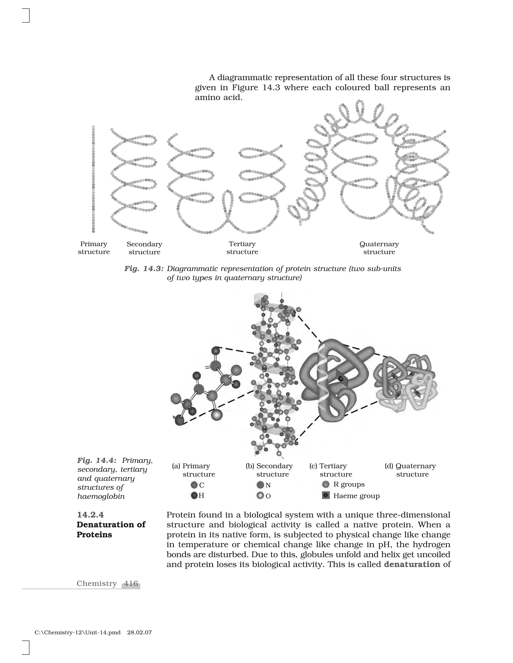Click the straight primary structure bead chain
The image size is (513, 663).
click(x=93, y=179)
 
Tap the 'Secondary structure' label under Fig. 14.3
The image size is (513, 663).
click(x=144, y=248)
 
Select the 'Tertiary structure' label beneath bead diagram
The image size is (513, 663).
click(x=242, y=248)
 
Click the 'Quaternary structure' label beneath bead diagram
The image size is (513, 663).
click(x=379, y=248)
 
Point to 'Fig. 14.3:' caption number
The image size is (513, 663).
click(x=144, y=269)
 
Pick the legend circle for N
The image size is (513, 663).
click(x=260, y=485)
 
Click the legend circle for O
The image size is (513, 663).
click(x=260, y=496)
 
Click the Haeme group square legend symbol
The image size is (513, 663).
click(x=326, y=495)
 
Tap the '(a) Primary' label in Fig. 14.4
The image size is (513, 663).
click(x=191, y=466)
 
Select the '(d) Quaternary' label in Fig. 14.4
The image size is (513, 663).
click(x=410, y=466)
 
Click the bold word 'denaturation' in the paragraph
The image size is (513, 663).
click(x=412, y=564)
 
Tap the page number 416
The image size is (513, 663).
click(x=131, y=583)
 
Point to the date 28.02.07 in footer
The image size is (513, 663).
click(x=140, y=633)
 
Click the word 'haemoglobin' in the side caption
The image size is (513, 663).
click(x=101, y=496)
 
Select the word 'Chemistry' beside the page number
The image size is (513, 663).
click(x=97, y=583)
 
